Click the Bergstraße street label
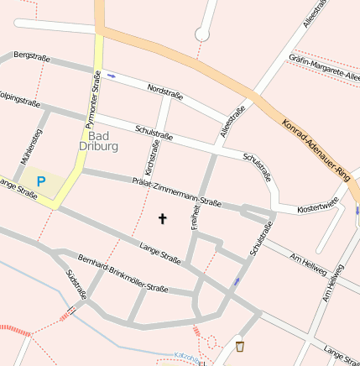click(32, 56)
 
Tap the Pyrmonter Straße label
click(94, 94)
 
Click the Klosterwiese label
click(318, 205)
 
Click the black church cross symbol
click(162, 219)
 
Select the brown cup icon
click(240, 346)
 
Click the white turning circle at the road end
click(201, 34)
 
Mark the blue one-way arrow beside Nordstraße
click(112, 75)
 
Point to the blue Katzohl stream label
click(188, 358)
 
